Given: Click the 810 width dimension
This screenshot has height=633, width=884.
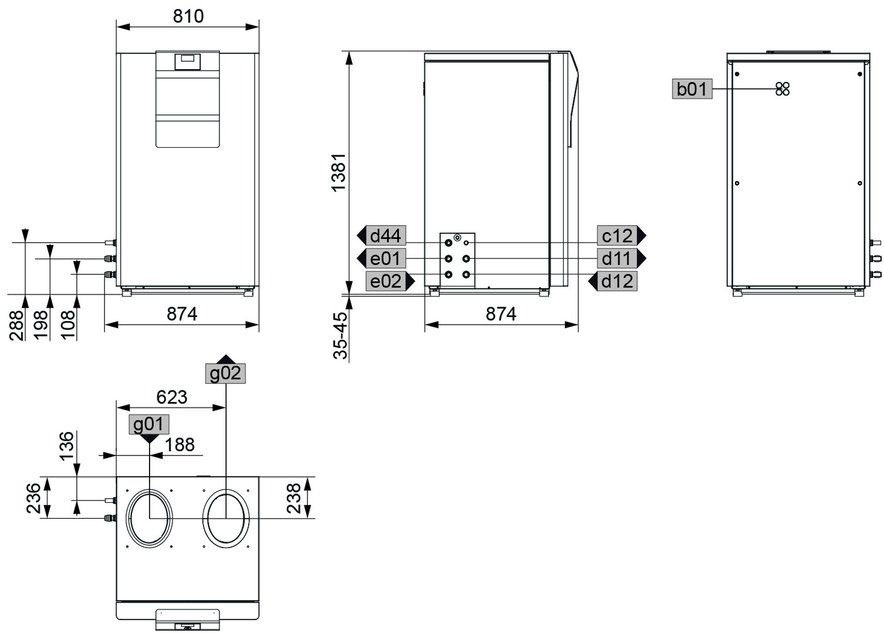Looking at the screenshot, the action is [188, 16].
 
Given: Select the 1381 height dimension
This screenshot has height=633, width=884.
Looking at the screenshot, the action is [338, 173].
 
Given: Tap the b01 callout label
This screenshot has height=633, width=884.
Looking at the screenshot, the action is [692, 89].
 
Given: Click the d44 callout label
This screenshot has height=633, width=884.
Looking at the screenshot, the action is [385, 236].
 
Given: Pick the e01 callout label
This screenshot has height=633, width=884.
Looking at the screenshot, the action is [385, 258].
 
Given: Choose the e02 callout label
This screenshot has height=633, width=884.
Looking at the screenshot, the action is [385, 281].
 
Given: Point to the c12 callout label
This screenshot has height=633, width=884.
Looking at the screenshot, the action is [617, 236].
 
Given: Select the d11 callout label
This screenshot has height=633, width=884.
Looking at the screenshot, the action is [617, 258].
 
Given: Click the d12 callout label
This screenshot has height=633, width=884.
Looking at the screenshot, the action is [617, 281].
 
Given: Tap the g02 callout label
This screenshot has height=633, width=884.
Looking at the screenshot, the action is [225, 373].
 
